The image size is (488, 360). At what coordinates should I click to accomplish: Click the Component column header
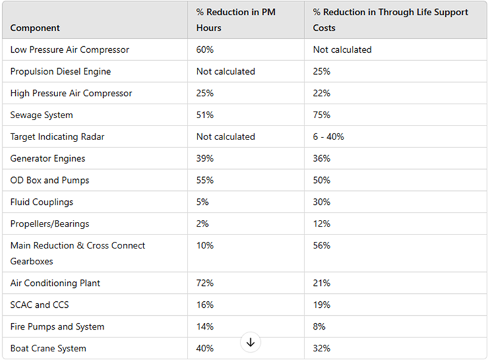tap(35, 28)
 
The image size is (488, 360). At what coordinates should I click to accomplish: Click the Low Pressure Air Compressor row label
tap(69, 50)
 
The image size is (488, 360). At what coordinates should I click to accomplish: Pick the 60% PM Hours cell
tap(205, 50)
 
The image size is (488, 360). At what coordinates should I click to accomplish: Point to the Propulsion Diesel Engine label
tap(60, 72)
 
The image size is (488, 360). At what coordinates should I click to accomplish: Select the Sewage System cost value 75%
tap(322, 116)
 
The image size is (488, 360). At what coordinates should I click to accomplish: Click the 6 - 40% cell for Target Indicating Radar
tap(328, 137)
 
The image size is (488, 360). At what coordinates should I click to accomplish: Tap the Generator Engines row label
tap(48, 159)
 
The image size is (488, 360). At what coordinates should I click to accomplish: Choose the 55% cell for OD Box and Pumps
tap(205, 181)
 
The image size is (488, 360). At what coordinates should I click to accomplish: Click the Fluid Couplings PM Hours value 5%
tap(202, 203)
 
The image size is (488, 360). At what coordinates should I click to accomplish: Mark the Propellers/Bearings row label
tap(50, 225)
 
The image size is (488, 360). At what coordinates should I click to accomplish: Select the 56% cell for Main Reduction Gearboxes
tap(322, 246)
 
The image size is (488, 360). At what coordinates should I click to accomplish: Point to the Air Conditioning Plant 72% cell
tap(205, 283)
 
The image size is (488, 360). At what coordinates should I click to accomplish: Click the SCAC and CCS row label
tap(40, 305)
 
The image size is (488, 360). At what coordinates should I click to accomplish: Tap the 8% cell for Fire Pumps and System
tap(319, 327)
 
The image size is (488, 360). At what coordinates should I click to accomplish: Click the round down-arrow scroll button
tap(250, 342)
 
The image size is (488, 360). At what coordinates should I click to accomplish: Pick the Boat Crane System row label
tap(48, 349)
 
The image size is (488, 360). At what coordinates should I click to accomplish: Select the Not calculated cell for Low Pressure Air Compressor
tap(342, 50)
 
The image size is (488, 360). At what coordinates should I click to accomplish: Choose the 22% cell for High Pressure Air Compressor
tap(322, 94)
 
